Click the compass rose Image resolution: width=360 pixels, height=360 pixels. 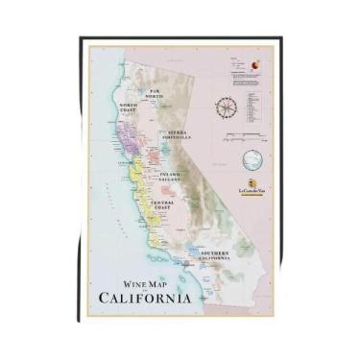point(229,108)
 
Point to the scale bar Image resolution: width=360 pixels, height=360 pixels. point(248,138)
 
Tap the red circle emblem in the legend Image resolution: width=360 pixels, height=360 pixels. point(252,66)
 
